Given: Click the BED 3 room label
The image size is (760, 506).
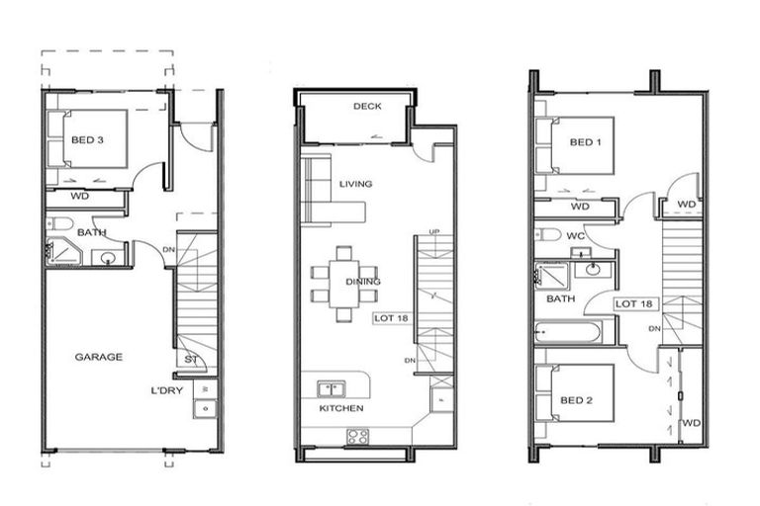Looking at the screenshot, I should (87, 140).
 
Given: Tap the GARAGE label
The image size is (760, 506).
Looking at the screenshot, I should (99, 357).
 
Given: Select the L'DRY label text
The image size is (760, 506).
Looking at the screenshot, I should (167, 392).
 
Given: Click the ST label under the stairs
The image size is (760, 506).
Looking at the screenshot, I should (190, 359).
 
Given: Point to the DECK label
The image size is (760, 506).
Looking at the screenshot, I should (367, 107).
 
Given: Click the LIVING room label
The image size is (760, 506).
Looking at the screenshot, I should (355, 184).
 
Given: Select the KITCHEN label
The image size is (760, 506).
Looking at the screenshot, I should (340, 408).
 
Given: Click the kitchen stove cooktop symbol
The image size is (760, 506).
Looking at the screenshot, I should (357, 436).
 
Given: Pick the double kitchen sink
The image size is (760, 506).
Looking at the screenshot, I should (331, 388).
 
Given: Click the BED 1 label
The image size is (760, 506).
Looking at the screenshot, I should (586, 142).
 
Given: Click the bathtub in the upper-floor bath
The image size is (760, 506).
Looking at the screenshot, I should (568, 330).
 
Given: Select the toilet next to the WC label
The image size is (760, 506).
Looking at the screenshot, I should (548, 235).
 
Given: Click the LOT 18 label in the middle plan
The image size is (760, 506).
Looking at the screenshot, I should (390, 318).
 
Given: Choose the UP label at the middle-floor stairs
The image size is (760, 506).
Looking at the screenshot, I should (433, 232).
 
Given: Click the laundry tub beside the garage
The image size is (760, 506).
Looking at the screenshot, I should (206, 407).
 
